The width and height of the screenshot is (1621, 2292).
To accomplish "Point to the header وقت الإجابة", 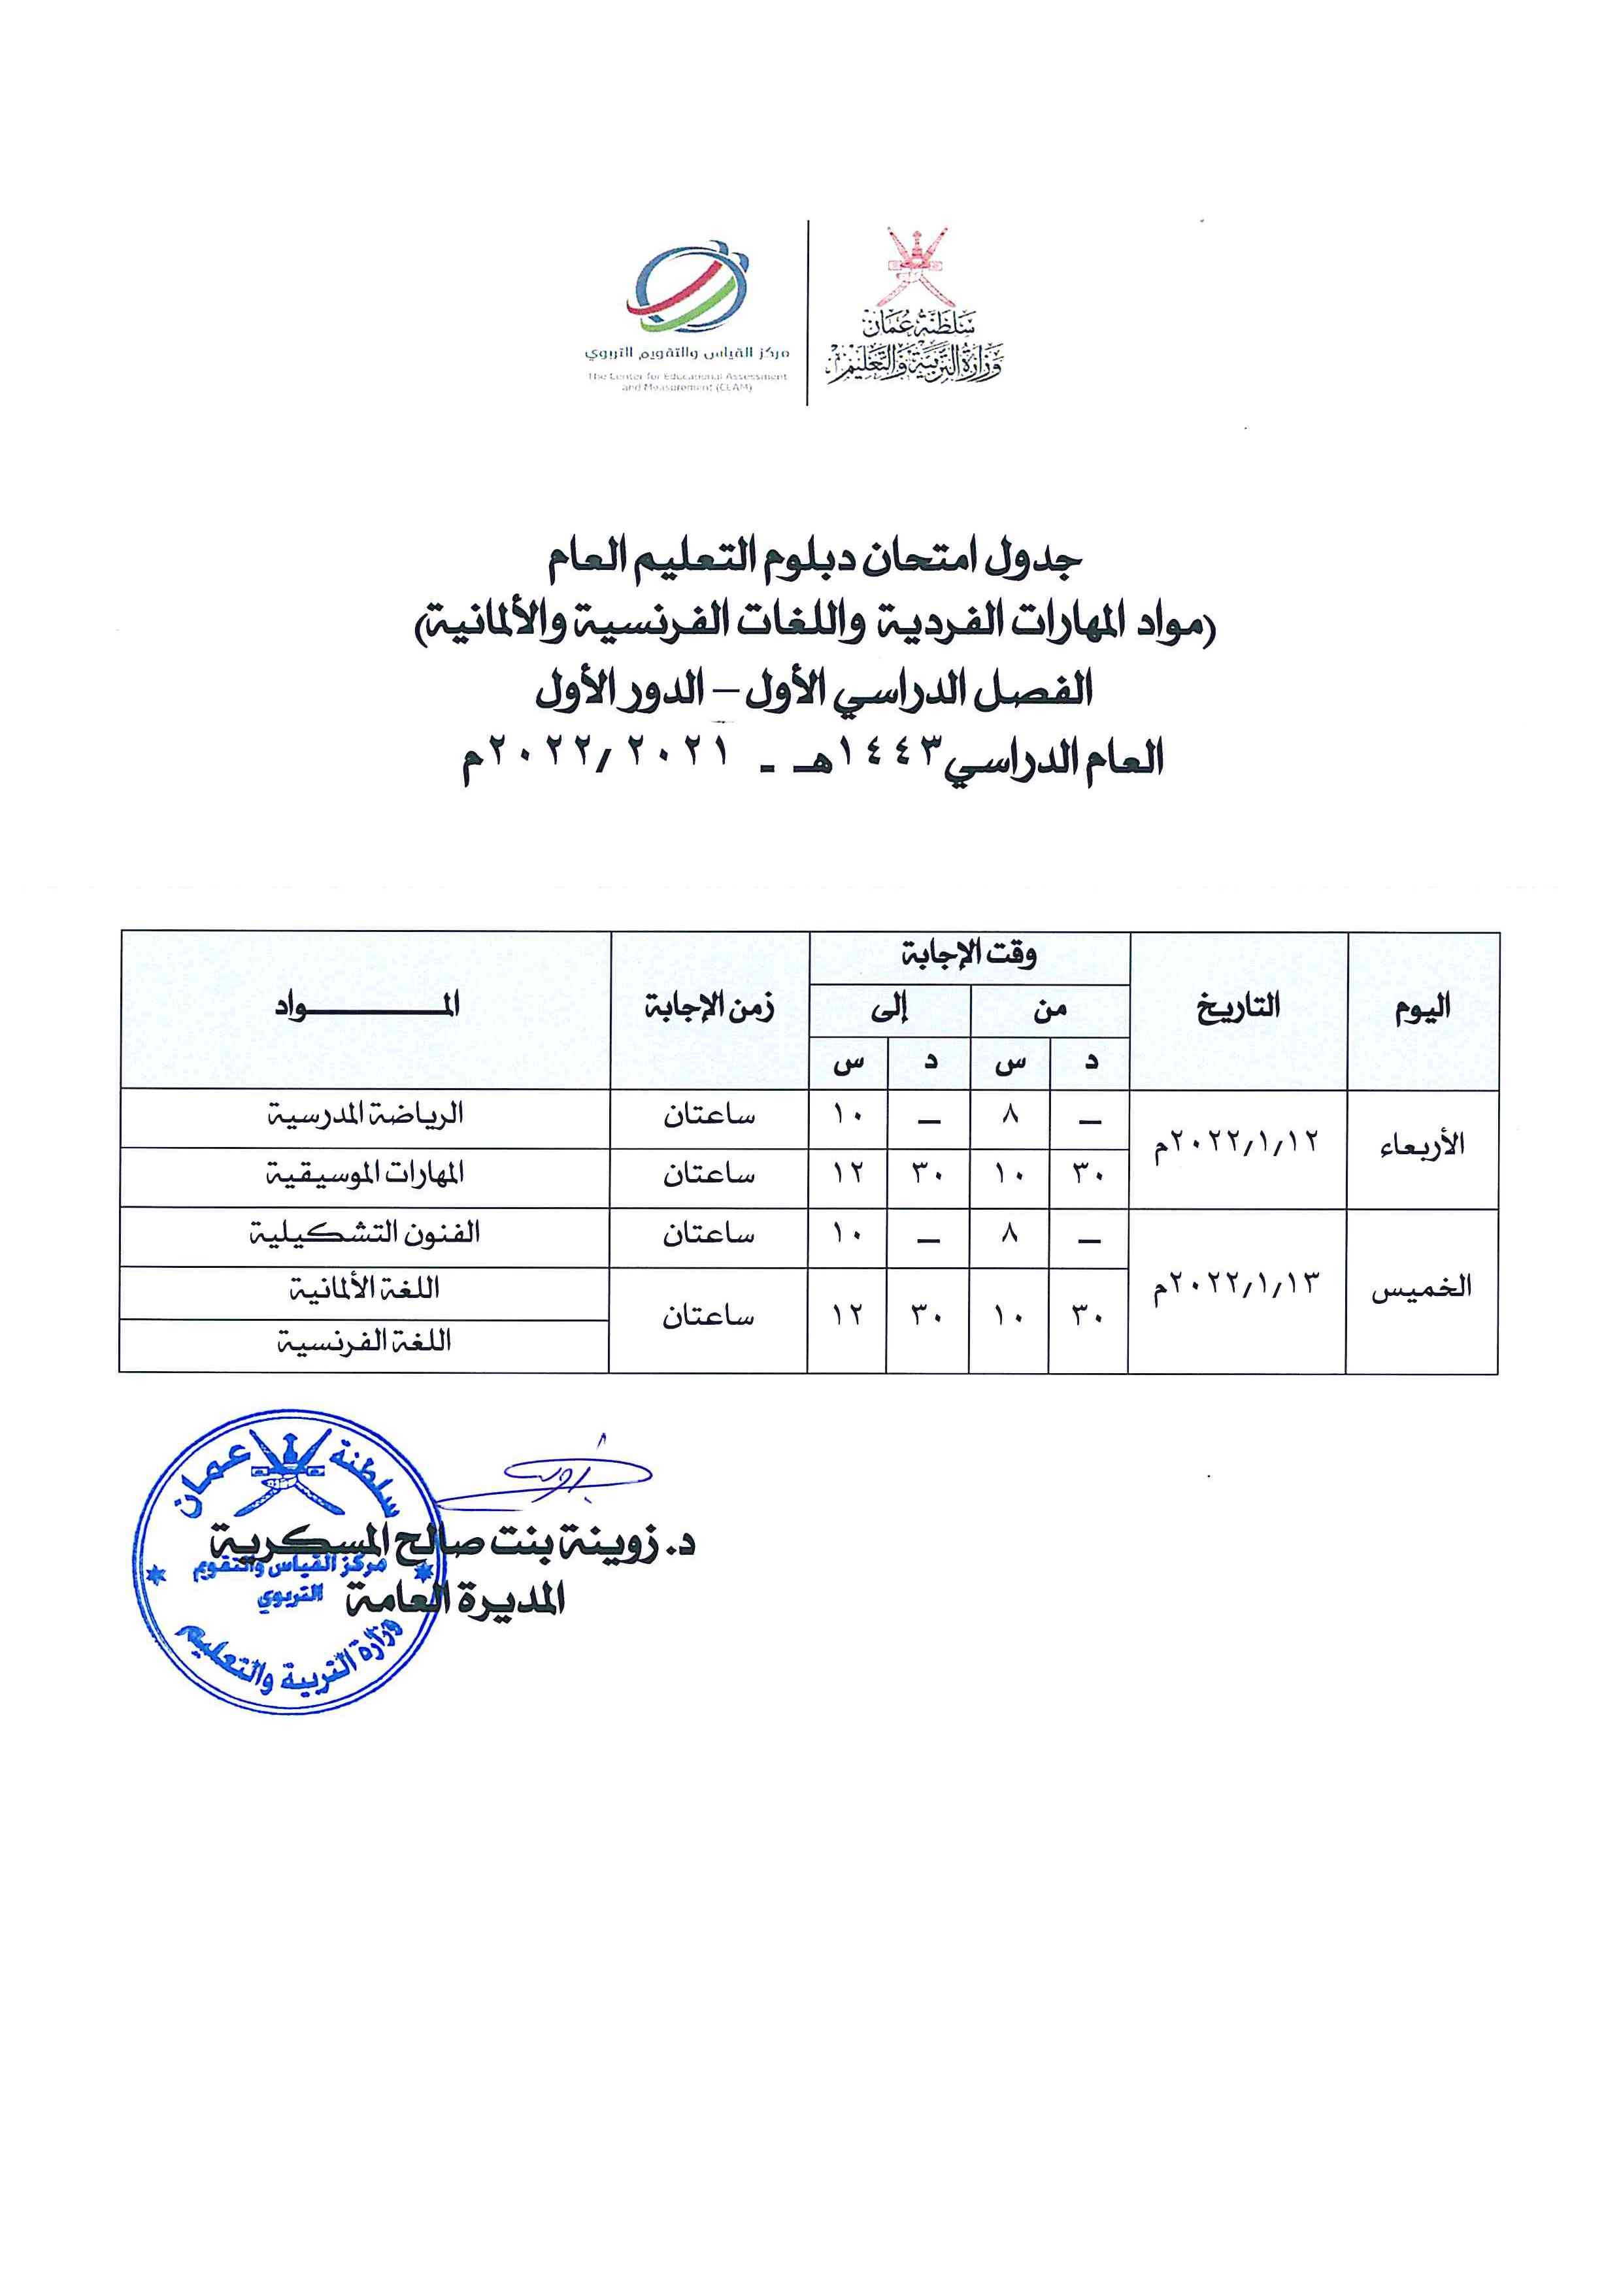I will tap(969, 955).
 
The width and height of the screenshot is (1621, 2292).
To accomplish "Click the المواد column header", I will tap(366, 1006).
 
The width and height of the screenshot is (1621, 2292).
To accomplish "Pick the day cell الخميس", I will tap(1422, 1287).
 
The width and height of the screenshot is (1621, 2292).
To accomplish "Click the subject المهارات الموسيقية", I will tap(365, 1175).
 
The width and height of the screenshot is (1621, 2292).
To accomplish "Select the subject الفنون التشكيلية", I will tap(365, 1235).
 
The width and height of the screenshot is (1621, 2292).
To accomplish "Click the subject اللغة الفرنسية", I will tap(365, 1342).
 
